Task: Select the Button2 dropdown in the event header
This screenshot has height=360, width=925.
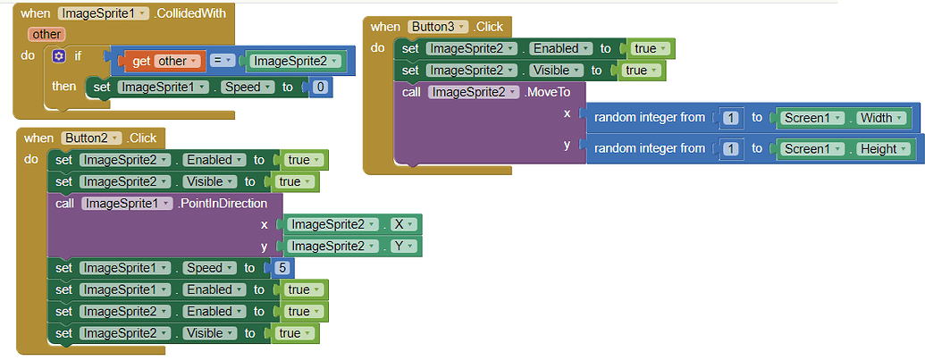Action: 91,138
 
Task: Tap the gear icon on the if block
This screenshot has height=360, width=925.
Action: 59,56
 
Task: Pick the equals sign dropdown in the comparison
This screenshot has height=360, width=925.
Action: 223,62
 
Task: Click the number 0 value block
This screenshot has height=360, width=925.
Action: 320,87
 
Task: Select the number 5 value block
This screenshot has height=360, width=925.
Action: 281,268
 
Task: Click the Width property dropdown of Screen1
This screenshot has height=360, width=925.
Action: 885,118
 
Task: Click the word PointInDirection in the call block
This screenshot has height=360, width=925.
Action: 223,204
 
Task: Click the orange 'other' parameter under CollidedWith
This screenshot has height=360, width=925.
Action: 46,34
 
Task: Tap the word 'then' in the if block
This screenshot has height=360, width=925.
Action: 64,87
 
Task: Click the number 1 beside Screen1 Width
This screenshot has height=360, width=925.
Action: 731,118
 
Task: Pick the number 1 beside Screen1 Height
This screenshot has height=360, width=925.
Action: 731,149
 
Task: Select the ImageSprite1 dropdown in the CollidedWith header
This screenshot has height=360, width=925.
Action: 97,13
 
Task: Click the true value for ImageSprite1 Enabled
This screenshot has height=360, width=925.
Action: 301,289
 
